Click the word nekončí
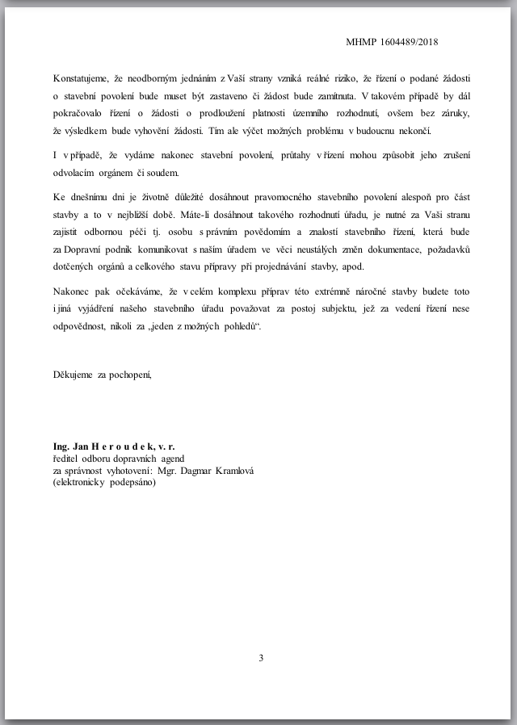[412, 132]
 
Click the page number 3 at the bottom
[261, 658]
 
